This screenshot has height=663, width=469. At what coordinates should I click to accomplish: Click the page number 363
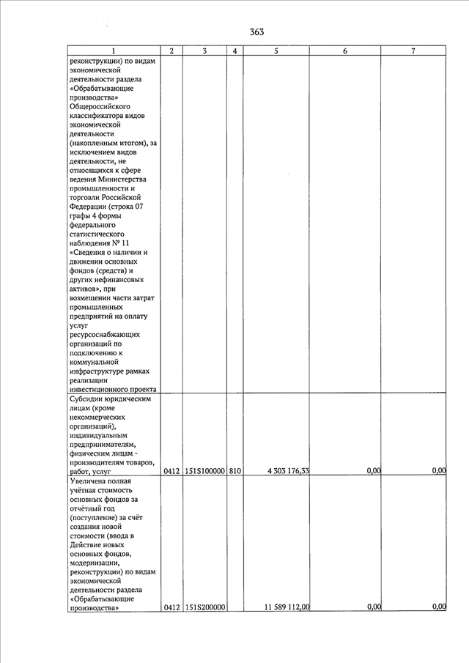tap(256, 32)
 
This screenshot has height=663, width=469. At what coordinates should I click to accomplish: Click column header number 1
tap(113, 51)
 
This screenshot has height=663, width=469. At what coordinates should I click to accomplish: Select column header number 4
tap(234, 51)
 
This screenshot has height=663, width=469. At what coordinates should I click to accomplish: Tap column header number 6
tap(344, 51)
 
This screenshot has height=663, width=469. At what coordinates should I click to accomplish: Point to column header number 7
tap(413, 51)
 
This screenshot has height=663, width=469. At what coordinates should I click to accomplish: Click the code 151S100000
tap(204, 471)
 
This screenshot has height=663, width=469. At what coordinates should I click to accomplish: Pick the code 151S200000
tap(204, 607)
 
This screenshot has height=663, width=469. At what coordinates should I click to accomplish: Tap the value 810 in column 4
tap(234, 471)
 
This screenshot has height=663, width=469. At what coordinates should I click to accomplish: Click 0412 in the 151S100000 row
tap(171, 471)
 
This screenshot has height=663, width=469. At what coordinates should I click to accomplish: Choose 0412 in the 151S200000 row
tap(171, 607)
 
